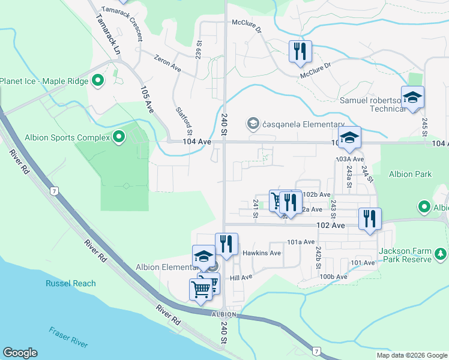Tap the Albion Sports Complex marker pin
pos(119,138)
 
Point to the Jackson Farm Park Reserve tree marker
pos(441,254)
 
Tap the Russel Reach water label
pos(71,283)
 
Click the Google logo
pos(20,353)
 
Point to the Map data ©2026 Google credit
pos(411,355)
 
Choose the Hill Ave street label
pos(241,278)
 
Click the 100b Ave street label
pos(333,277)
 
